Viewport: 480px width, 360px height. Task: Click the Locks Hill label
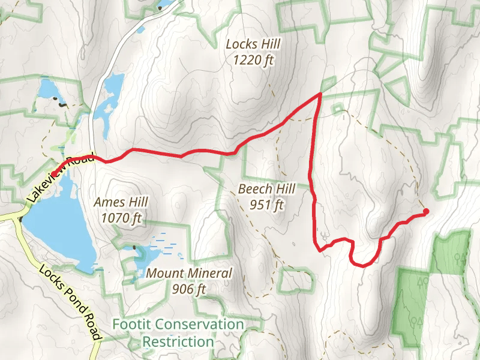(253, 44)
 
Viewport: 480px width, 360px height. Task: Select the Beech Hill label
(266, 189)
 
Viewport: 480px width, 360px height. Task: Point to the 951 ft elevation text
(267, 205)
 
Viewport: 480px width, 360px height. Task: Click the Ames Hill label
(121, 202)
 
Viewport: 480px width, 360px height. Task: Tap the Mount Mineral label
(188, 274)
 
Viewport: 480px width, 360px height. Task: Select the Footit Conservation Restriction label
(178, 333)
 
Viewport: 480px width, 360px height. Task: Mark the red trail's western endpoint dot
(54, 174)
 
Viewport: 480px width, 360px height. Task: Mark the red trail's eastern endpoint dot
(426, 211)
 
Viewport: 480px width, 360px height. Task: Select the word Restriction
(178, 341)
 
